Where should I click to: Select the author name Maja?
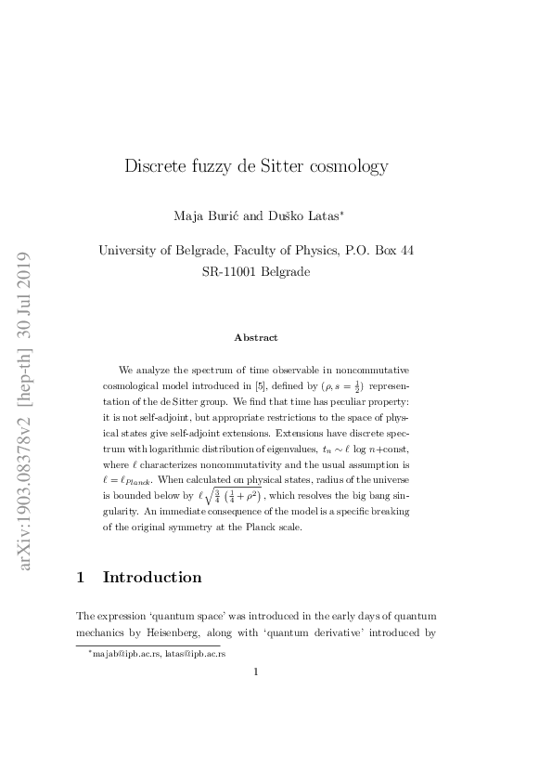pyautogui.click(x=188, y=216)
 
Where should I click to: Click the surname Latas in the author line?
pyautogui.click(x=320, y=216)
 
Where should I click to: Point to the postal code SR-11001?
pyautogui.click(x=232, y=272)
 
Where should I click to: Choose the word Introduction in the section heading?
pyautogui.click(x=152, y=577)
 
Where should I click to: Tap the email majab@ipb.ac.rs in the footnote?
pyautogui.click(x=124, y=654)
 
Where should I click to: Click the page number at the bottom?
pyautogui.click(x=256, y=675)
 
